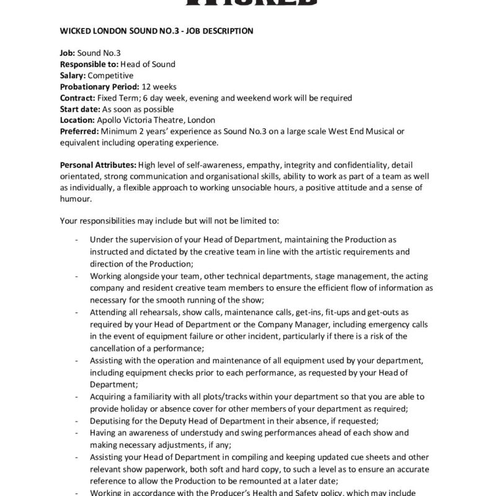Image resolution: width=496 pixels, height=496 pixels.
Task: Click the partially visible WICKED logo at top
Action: [x=248, y=4]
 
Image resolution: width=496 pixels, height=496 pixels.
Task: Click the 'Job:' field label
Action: [x=67, y=53]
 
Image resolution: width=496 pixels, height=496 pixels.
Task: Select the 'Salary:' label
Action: [x=73, y=75]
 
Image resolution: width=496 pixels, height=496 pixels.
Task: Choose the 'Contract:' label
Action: [x=77, y=97]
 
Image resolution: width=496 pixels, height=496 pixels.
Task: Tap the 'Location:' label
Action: [x=77, y=120]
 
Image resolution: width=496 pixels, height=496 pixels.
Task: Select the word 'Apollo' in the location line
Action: [x=109, y=120]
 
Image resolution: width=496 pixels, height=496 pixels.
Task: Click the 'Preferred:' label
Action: [x=79, y=131]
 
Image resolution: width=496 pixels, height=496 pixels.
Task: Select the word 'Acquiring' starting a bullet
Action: [x=108, y=396]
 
